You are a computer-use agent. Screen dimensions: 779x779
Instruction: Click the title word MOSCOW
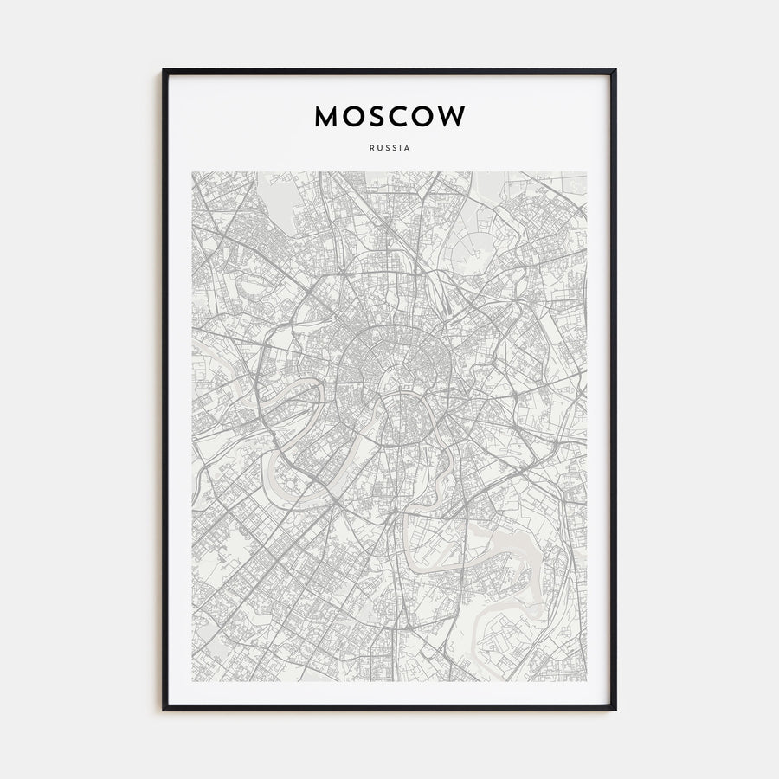click(x=389, y=116)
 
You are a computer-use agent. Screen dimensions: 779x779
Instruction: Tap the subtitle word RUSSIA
click(x=389, y=147)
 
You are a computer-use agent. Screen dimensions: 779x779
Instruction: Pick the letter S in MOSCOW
click(x=374, y=116)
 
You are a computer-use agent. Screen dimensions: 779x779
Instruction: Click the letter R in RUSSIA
click(x=370, y=147)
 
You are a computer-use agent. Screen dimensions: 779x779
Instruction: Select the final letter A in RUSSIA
click(x=408, y=147)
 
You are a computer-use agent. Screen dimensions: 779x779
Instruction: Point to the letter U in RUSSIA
click(x=378, y=147)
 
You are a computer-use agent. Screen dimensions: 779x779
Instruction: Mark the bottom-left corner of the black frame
click(x=164, y=709)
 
